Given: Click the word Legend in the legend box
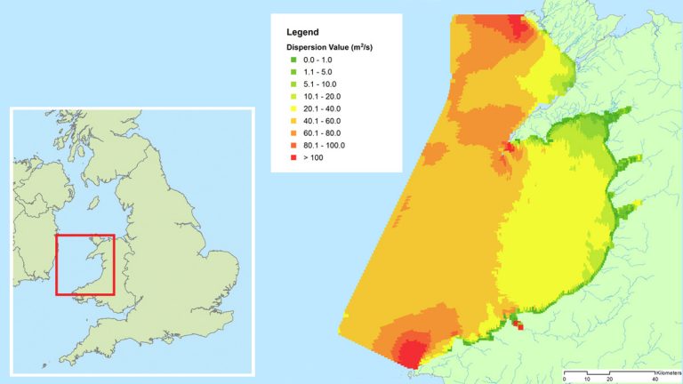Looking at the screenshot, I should (303, 32).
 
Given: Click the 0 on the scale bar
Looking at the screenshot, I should (564, 379).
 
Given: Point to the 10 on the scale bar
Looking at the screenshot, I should (587, 379).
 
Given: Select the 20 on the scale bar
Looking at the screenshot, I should (610, 379).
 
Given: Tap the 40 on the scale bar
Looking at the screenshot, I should (655, 379).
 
